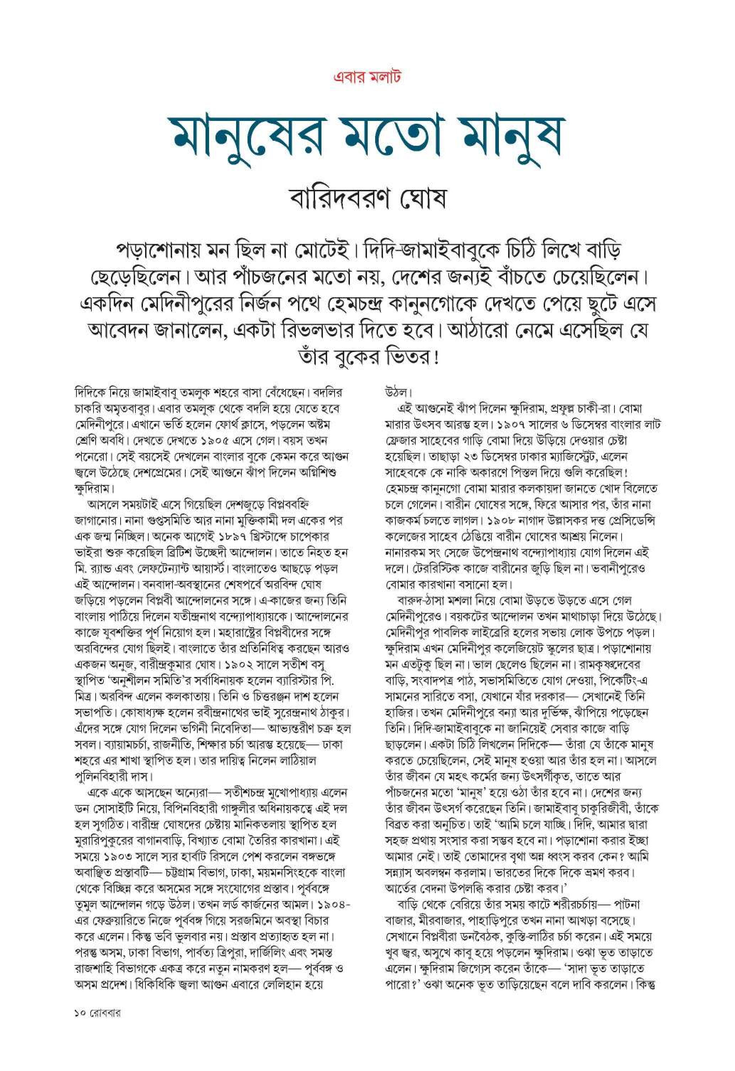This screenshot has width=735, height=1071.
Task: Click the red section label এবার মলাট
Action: tap(367, 76)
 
